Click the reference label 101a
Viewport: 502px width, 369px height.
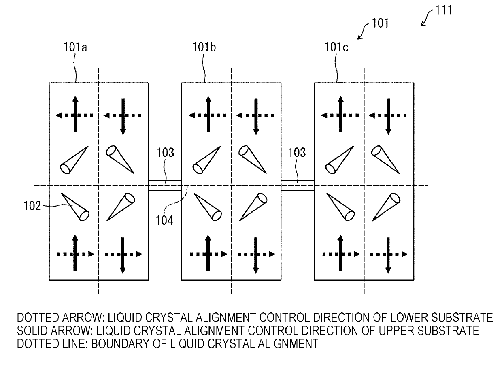75,47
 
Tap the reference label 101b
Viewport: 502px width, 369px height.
204,47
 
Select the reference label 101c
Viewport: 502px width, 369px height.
336,47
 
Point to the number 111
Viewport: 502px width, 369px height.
444,10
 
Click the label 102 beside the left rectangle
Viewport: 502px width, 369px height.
32,206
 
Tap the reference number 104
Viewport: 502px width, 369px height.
164,220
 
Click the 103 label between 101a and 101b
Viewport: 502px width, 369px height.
165,153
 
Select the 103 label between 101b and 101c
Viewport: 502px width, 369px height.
297,153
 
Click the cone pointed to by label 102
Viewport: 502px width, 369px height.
75,207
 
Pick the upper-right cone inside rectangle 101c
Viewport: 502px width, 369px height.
385,160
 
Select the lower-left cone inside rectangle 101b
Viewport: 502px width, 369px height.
208,207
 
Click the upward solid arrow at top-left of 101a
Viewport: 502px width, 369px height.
75,114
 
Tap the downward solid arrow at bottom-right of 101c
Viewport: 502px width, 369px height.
388,255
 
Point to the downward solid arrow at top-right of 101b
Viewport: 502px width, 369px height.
256,117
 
